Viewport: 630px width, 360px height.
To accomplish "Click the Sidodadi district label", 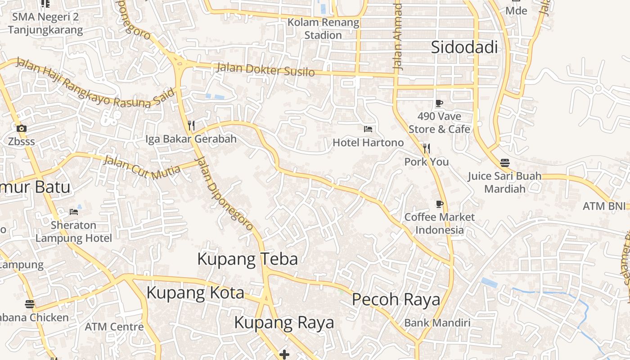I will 464,47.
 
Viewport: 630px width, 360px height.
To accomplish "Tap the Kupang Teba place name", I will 247,259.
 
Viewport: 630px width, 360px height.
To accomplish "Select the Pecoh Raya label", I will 396,299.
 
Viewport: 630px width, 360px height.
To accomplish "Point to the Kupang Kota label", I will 195,293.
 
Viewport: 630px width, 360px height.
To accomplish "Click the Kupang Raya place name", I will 284,323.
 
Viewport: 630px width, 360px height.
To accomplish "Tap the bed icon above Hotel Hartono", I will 368,129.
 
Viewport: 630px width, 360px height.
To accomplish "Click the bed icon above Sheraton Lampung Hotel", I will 74,211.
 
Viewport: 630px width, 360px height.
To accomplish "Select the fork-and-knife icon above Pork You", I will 426,148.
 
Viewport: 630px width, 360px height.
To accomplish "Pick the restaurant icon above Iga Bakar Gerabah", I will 191,125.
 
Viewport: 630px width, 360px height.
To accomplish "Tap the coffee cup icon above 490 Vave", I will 439,103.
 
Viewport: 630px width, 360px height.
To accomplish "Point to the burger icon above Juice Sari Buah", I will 505,163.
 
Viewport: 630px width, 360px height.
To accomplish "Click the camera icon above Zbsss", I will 21,129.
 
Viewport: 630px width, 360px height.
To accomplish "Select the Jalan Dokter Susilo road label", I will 265,70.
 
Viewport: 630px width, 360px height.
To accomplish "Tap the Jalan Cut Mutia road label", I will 142,167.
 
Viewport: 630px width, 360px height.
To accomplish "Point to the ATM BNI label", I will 604,206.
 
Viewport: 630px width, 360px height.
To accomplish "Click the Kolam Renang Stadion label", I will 323,28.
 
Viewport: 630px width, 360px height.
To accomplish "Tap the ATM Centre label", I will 114,327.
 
